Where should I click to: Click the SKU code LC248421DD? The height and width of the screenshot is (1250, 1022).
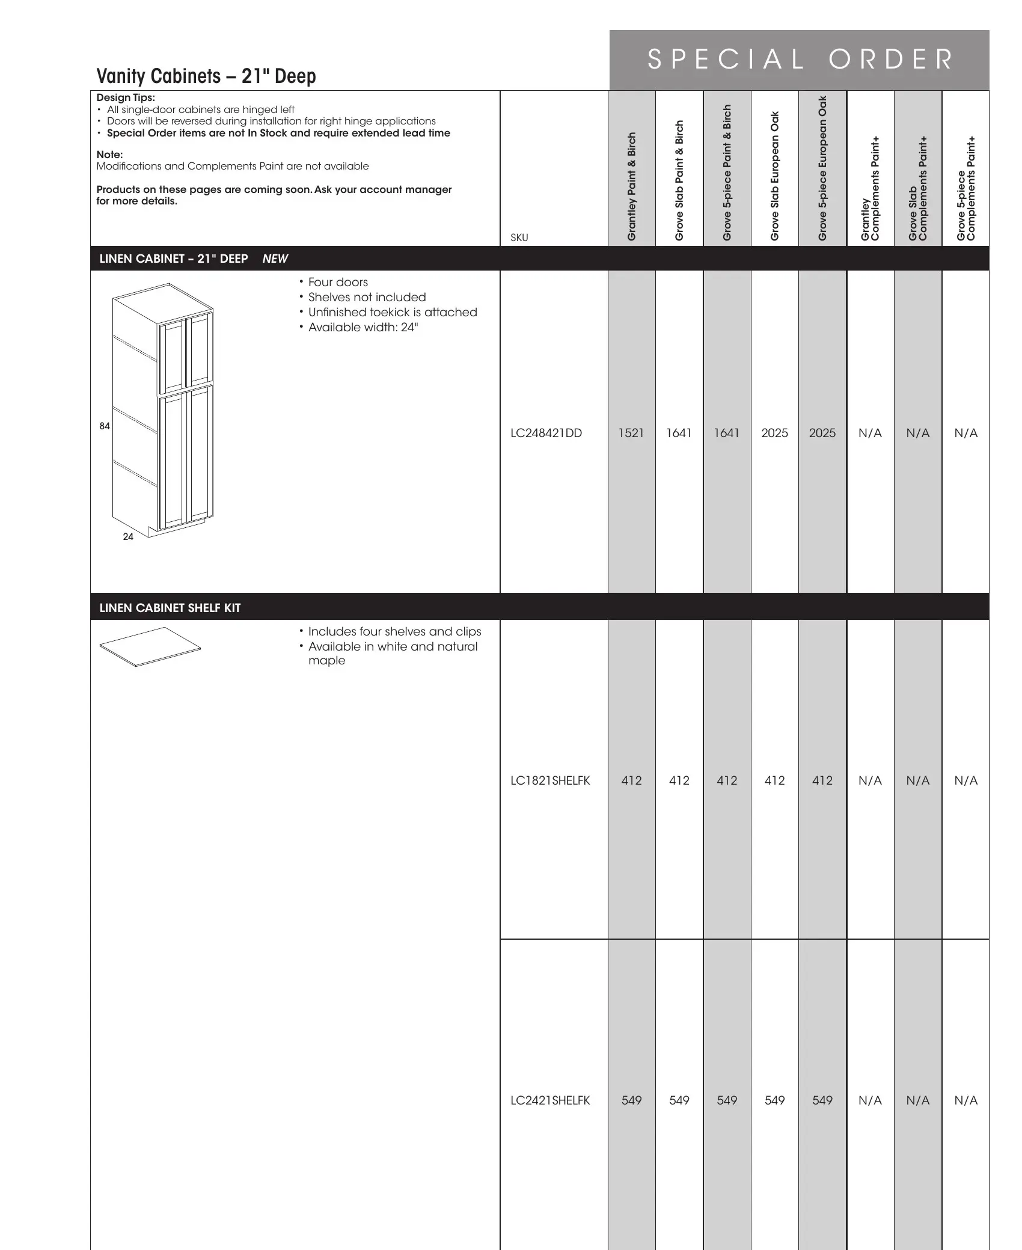pyautogui.click(x=546, y=433)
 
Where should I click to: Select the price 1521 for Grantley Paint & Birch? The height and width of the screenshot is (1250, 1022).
pyautogui.click(x=631, y=433)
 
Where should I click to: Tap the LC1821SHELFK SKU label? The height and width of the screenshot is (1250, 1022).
pyautogui.click(x=550, y=780)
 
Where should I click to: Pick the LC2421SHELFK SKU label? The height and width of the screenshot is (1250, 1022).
pyautogui.click(x=550, y=1100)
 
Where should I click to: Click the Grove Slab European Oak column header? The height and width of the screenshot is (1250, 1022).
pyautogui.click(x=775, y=176)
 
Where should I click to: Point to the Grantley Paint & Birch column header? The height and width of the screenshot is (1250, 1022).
pyautogui.click(x=632, y=186)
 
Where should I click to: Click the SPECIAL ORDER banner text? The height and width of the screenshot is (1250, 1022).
pyautogui.click(x=800, y=60)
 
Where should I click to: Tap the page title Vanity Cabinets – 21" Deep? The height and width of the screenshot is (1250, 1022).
pyautogui.click(x=206, y=76)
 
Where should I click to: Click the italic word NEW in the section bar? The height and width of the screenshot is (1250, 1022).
pyautogui.click(x=275, y=259)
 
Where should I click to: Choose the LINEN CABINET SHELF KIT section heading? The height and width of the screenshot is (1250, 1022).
pyautogui.click(x=170, y=608)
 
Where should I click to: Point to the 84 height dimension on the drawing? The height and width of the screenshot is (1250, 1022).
pyautogui.click(x=105, y=426)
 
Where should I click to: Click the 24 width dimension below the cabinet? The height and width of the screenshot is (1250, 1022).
pyautogui.click(x=128, y=536)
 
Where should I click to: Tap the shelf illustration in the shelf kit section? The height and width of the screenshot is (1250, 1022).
pyautogui.click(x=150, y=647)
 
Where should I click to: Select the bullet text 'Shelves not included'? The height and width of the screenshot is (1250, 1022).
pyautogui.click(x=367, y=297)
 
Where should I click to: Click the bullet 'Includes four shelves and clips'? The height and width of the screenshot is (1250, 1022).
pyautogui.click(x=394, y=631)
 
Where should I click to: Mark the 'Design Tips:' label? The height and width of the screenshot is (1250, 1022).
pyautogui.click(x=126, y=97)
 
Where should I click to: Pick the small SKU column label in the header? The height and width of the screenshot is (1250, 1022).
pyautogui.click(x=519, y=237)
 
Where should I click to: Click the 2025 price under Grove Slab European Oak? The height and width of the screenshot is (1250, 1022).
pyautogui.click(x=774, y=433)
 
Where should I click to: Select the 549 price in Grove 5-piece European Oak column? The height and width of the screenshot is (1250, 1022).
pyautogui.click(x=822, y=1100)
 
